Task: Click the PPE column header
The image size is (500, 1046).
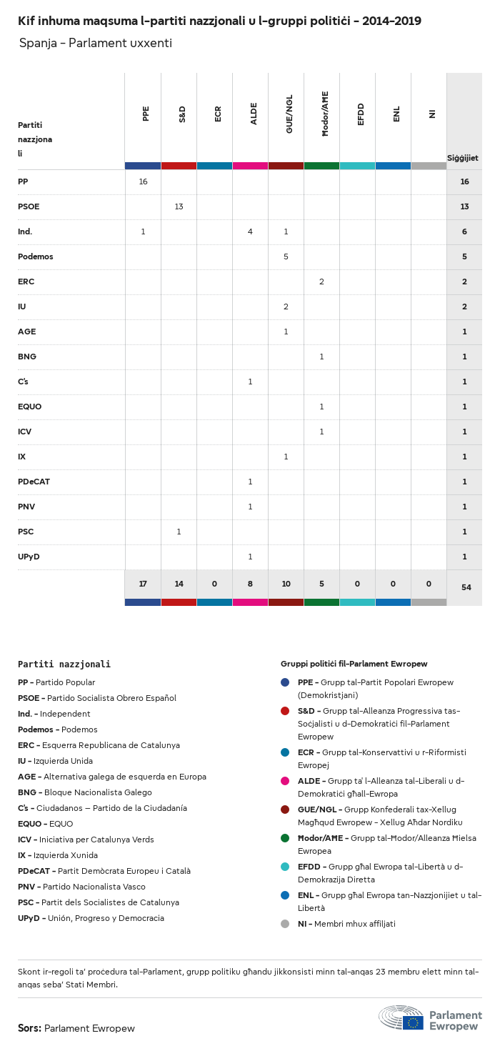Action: point(146,113)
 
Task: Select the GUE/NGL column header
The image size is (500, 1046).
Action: point(289,114)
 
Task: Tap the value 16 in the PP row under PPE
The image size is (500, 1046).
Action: point(143,181)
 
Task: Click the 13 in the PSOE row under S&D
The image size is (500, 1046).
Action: point(179,206)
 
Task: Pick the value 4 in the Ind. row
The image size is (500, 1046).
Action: point(250,231)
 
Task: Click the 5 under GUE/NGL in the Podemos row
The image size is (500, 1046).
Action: point(286,256)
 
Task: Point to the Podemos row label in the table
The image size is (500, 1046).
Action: point(36,256)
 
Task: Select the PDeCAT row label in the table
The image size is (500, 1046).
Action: point(34,482)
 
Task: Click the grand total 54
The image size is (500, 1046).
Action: point(466,587)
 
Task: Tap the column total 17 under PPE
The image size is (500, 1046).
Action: point(143,584)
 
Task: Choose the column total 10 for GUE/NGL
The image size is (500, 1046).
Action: point(286,584)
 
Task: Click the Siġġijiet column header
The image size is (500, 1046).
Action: point(463,158)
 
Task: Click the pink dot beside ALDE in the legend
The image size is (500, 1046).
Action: point(285,781)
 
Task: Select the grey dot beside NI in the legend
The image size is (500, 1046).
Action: point(285,924)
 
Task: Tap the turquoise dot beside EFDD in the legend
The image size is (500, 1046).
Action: point(285,867)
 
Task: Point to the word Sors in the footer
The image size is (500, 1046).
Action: point(29,1028)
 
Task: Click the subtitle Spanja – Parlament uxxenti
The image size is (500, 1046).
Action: point(96,44)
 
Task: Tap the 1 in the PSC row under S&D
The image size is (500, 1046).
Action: point(179,532)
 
